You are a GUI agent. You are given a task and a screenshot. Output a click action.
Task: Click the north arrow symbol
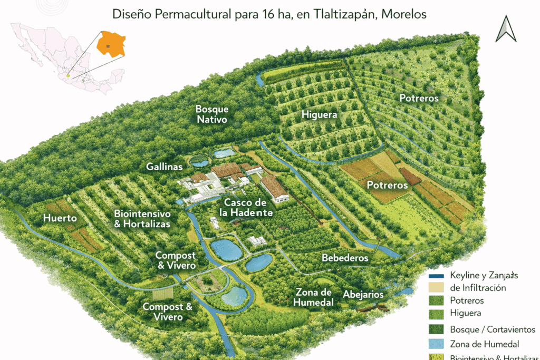click(506, 29)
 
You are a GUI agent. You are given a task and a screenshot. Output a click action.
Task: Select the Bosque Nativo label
click(212, 114)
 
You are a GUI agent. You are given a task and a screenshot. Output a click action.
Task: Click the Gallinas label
click(165, 167)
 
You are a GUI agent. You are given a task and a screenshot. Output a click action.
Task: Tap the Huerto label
click(60, 218)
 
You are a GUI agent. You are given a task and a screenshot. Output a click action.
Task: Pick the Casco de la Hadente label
click(248, 208)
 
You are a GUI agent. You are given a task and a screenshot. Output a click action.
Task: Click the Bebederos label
click(345, 258)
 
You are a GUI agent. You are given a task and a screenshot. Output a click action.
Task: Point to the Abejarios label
click(363, 295)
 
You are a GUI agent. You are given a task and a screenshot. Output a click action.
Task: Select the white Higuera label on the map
click(319, 115)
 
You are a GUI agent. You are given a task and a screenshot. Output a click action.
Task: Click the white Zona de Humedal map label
click(314, 297)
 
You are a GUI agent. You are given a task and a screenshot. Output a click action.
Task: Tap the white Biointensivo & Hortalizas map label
click(142, 219)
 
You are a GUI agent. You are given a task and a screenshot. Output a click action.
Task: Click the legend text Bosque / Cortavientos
click(493, 329)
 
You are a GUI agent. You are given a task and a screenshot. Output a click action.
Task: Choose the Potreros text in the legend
click(468, 300)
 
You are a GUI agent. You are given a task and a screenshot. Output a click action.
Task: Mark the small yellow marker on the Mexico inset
click(68, 75)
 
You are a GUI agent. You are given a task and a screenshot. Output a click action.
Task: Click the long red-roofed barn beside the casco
click(275, 188)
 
